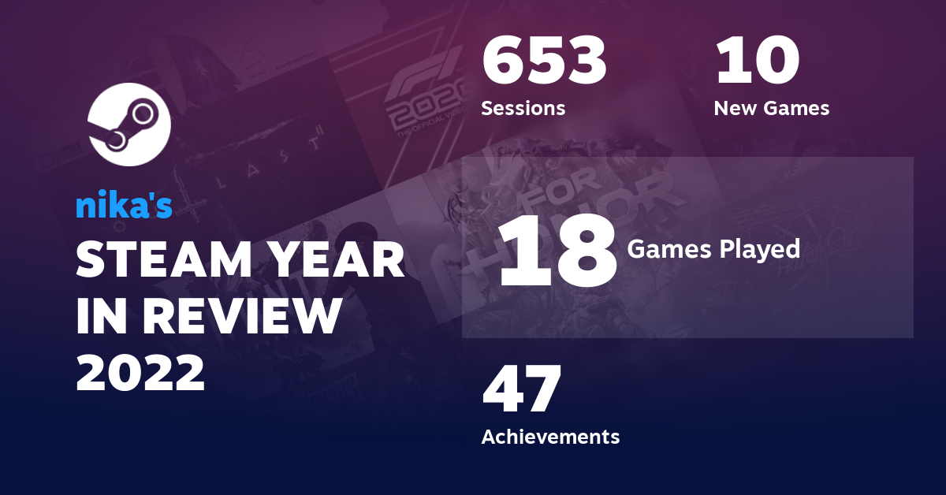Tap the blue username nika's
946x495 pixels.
coord(124,206)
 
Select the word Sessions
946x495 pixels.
coord(523,108)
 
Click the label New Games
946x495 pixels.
coord(771,108)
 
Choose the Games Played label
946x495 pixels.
coord(713,250)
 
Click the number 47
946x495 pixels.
coord(522,390)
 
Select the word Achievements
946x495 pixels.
coord(550,436)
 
